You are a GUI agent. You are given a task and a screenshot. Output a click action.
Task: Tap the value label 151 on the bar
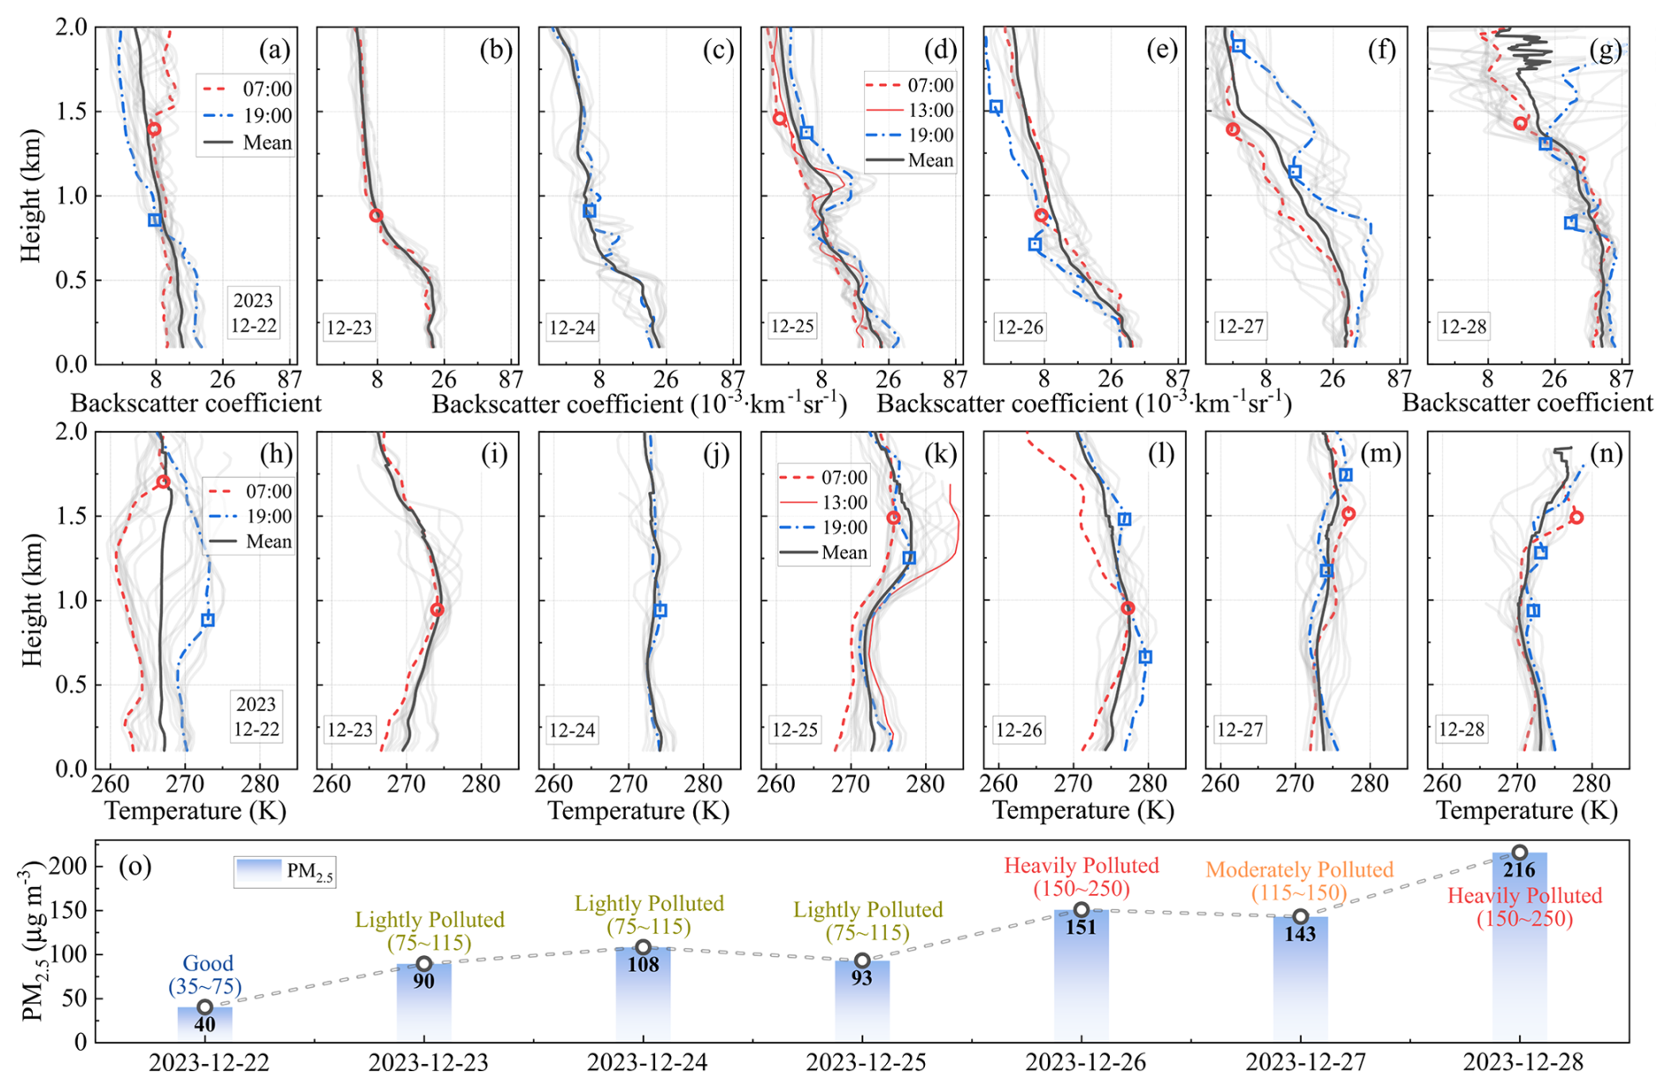click(1081, 927)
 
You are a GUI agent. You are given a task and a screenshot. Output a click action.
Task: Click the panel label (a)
click(274, 50)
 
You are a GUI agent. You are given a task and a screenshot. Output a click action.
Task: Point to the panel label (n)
click(1606, 454)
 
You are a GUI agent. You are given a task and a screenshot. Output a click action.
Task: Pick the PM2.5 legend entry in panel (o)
click(285, 871)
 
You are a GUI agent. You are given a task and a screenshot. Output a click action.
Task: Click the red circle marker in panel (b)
click(376, 216)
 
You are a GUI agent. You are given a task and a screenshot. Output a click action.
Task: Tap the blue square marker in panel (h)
click(208, 620)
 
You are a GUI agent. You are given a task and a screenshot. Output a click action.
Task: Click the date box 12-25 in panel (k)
click(793, 730)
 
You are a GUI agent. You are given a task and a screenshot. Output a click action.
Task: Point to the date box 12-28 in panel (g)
click(1463, 326)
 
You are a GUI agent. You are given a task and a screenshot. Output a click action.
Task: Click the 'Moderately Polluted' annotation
click(1299, 870)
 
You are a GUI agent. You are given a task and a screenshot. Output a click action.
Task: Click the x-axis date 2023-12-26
click(1086, 1061)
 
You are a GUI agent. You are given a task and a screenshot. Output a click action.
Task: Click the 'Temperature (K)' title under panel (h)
click(195, 810)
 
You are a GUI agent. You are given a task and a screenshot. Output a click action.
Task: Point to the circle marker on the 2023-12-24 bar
click(643, 947)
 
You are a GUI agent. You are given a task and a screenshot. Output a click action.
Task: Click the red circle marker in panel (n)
click(1576, 517)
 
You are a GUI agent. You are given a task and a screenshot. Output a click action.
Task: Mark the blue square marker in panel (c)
click(590, 211)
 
